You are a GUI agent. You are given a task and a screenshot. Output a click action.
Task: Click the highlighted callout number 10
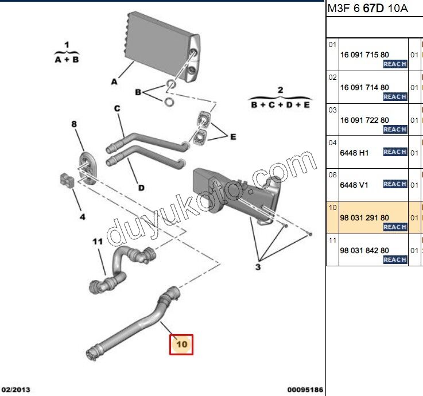tap(181, 344)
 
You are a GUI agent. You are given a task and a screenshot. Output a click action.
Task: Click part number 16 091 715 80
tap(364, 55)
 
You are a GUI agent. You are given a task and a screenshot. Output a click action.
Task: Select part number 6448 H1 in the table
tap(355, 153)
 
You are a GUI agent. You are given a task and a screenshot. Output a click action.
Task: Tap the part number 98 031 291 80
tap(364, 218)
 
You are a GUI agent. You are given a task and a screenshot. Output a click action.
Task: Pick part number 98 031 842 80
tap(364, 251)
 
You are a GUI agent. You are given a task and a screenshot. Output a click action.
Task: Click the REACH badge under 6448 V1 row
tap(395, 184)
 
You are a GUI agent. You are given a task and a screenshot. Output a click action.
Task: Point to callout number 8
tap(73, 124)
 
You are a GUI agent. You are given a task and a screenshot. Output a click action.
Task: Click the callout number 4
tap(82, 217)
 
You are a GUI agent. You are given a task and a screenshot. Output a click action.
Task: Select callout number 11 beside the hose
tap(98, 242)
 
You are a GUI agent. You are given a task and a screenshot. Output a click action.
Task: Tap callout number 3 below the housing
tap(258, 267)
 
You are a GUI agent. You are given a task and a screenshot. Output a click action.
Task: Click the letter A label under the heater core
tap(114, 82)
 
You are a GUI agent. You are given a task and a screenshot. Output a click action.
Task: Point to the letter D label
tap(141, 187)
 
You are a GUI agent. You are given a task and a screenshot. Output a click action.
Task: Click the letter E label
tap(233, 137)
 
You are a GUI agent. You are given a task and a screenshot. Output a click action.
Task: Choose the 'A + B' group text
tap(67, 59)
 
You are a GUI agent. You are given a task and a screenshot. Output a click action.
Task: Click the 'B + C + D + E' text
tap(280, 104)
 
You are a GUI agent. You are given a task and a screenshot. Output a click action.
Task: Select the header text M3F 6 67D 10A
tap(367, 9)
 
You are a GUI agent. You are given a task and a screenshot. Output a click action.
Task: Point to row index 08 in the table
tap(332, 173)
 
